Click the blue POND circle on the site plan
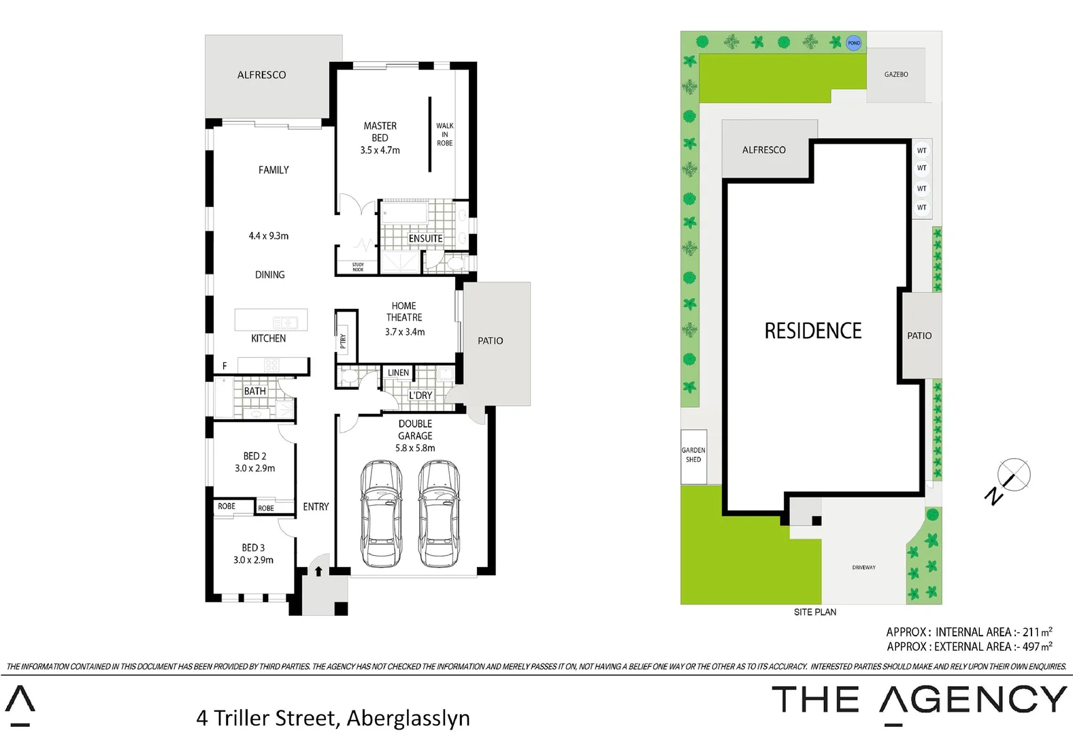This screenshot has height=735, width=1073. click(x=853, y=43)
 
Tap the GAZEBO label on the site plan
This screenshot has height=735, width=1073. click(x=895, y=74)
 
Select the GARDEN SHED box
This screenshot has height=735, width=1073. click(x=693, y=455)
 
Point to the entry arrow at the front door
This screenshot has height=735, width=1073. click(x=318, y=571)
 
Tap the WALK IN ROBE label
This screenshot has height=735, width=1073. click(x=444, y=134)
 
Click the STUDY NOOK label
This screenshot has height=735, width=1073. click(x=358, y=267)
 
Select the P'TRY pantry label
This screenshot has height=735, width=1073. click(x=344, y=341)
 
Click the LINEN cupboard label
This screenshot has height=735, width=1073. click(x=398, y=372)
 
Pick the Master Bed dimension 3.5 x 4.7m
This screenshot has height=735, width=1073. click(x=380, y=150)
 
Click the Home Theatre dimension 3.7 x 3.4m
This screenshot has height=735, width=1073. click(x=404, y=332)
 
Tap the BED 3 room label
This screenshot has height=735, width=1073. click(x=253, y=547)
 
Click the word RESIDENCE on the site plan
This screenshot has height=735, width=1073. click(x=812, y=331)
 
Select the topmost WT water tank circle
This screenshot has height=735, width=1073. click(x=921, y=150)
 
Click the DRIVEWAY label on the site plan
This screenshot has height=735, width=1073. click(x=863, y=567)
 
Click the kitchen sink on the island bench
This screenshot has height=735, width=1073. click(x=284, y=322)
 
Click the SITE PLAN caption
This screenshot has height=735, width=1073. click(x=814, y=612)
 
